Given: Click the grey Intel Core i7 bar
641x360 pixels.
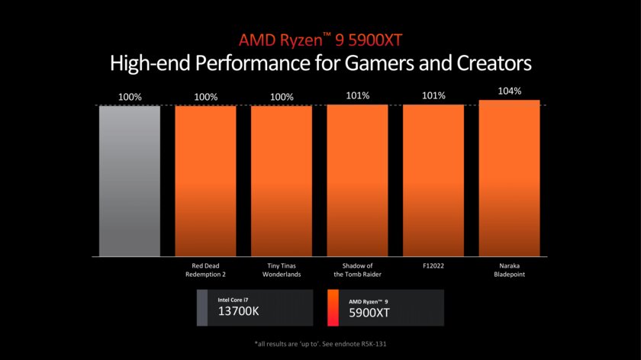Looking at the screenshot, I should click(130, 181).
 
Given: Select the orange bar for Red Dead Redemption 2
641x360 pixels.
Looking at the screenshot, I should click(205, 181).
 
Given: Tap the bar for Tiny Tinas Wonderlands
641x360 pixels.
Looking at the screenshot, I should click(282, 181).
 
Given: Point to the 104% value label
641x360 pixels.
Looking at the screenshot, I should click(509, 91).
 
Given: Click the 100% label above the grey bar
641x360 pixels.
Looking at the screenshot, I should click(130, 97).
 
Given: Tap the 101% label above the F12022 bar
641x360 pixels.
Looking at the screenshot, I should click(433, 95).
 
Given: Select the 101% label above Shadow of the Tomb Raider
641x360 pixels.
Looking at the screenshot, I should click(357, 95).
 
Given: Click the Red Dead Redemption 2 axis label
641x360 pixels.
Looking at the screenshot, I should click(205, 269).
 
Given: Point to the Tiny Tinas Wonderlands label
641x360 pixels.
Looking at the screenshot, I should click(282, 269).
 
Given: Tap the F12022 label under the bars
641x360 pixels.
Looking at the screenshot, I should click(433, 265).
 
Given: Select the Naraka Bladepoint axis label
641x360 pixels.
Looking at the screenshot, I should click(509, 269).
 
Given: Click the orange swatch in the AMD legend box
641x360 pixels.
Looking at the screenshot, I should click(333, 307).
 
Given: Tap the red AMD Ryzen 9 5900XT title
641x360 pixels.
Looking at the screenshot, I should click(320, 39).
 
